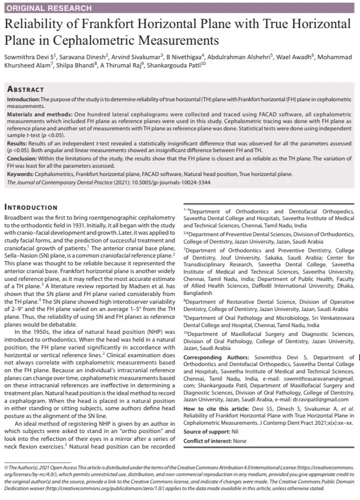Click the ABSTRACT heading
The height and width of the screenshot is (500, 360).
point(25,89)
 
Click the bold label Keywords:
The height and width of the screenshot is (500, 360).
point(21,174)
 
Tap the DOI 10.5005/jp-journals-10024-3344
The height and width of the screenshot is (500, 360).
point(164,182)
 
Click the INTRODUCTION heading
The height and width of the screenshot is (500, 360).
point(30,208)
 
